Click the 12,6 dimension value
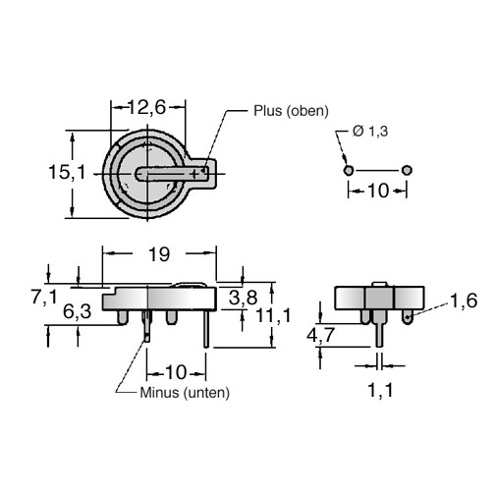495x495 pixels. pyautogui.click(x=146, y=107)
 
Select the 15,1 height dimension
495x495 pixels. pyautogui.click(x=67, y=172)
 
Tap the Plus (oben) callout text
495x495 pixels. pyautogui.click(x=291, y=111)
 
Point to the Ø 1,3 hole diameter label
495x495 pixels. pyautogui.click(x=370, y=132)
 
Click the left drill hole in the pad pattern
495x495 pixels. pyautogui.click(x=349, y=170)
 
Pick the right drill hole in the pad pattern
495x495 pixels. pyautogui.click(x=407, y=170)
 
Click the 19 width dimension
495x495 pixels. pyautogui.click(x=159, y=254)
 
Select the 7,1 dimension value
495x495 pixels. pyautogui.click(x=44, y=298)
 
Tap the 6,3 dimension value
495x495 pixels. pyautogui.click(x=77, y=311)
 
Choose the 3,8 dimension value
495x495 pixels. pyautogui.click(x=244, y=298)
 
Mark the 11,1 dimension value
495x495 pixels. pyautogui.click(x=273, y=316)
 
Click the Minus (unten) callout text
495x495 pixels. pyautogui.click(x=185, y=393)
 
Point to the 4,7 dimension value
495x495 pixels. pyautogui.click(x=320, y=335)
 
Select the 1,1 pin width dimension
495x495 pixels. pyautogui.click(x=380, y=390)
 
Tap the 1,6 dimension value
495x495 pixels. pyautogui.click(x=464, y=301)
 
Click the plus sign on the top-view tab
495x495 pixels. pyautogui.click(x=194, y=174)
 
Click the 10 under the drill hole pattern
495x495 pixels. pyautogui.click(x=378, y=191)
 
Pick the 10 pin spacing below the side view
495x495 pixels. pyautogui.click(x=177, y=372)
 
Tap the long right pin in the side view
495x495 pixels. pyautogui.click(x=206, y=329)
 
